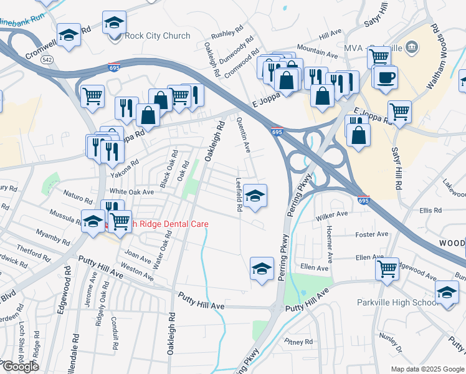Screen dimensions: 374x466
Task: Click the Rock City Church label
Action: [x=158, y=36]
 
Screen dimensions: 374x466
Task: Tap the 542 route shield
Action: [x=47, y=60]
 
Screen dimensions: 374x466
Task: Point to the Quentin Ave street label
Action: [x=245, y=138]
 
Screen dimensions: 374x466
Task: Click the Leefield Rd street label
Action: [x=239, y=196]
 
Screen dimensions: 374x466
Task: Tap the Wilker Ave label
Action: [x=331, y=215]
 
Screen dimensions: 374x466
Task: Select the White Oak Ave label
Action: [x=131, y=192]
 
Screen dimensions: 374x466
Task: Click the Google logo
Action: [x=20, y=367]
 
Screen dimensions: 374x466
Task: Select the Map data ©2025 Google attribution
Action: [x=427, y=369]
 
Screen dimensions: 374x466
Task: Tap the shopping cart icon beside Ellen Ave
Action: [x=387, y=269]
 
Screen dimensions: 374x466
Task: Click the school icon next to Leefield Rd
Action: [x=254, y=196]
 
